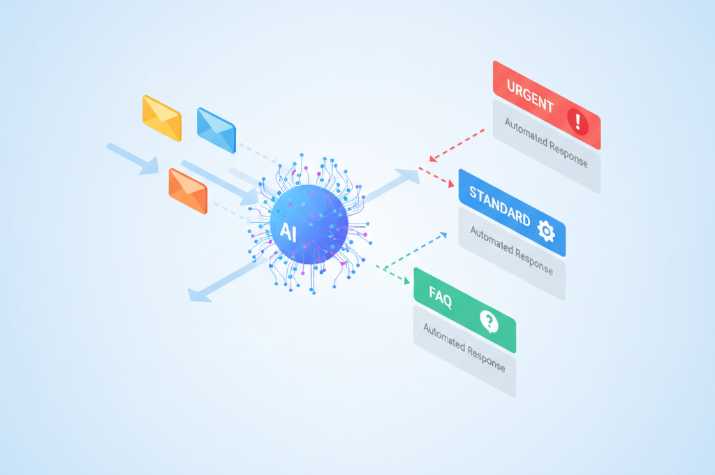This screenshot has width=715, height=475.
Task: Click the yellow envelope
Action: pyautogui.click(x=162, y=118)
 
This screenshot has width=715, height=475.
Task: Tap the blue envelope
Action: pyautogui.click(x=216, y=130)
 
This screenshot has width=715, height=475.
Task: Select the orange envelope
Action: pyautogui.click(x=188, y=191)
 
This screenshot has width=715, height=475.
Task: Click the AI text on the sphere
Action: pyautogui.click(x=288, y=231)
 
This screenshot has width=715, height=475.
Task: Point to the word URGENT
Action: pyautogui.click(x=531, y=96)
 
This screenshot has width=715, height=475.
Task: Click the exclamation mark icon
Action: pyautogui.click(x=577, y=122)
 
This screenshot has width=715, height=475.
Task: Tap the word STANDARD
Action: pyautogui.click(x=500, y=206)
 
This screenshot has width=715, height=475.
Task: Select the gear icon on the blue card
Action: pyautogui.click(x=546, y=231)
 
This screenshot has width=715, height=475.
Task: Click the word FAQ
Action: pyautogui.click(x=441, y=297)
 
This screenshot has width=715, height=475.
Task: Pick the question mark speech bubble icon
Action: pyautogui.click(x=489, y=322)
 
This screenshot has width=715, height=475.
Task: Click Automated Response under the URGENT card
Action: pyautogui.click(x=546, y=142)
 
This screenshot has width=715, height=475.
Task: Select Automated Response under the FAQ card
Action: pyautogui.click(x=464, y=348)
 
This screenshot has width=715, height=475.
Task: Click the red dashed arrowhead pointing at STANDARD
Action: pyautogui.click(x=450, y=184)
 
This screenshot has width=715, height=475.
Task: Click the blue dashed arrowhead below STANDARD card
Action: pyautogui.click(x=443, y=235)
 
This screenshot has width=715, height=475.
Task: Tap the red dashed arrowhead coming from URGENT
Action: pyautogui.click(x=433, y=158)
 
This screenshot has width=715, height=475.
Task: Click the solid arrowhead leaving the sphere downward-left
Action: pyautogui.click(x=199, y=295)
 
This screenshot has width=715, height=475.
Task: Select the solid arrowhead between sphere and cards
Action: pyautogui.click(x=408, y=175)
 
